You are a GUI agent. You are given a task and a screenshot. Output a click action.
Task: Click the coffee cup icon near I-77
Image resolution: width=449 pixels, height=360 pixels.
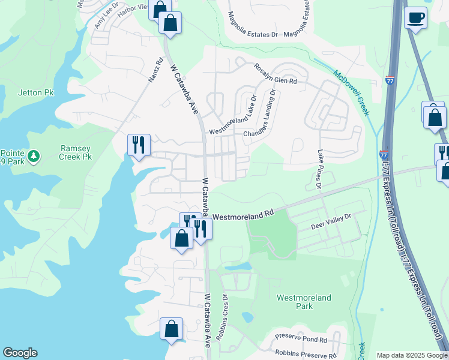point(415,18)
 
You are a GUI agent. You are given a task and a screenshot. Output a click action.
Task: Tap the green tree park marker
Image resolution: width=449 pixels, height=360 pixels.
point(34,157)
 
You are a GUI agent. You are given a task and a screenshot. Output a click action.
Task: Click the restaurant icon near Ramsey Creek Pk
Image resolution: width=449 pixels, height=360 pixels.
point(139,145)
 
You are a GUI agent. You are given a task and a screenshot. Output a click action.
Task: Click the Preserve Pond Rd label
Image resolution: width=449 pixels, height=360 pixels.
point(300,339)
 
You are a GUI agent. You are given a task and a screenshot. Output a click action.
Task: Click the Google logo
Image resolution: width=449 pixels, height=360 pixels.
point(20,353)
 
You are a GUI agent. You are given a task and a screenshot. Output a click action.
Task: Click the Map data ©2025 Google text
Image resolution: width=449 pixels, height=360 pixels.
point(411,355)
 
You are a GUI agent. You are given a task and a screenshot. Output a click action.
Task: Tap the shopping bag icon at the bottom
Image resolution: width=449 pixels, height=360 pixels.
point(172,329)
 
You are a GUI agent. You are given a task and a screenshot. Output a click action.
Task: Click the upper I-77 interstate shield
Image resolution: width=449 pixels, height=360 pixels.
point(391,80)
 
